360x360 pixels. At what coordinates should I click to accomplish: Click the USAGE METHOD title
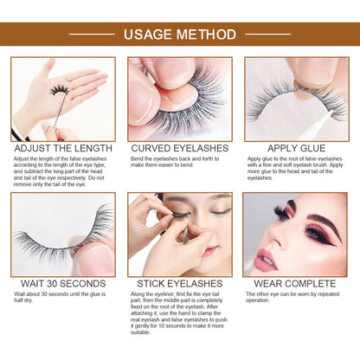(179, 35)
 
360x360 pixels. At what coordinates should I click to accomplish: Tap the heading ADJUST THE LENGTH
(63, 147)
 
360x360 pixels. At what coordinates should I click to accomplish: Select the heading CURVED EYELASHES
(179, 147)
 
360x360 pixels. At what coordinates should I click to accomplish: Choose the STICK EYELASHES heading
(179, 281)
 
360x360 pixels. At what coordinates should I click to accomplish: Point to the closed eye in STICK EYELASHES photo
(221, 210)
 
